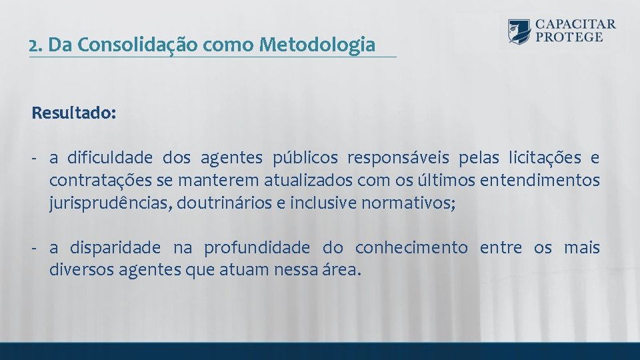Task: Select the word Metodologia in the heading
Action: click(317, 45)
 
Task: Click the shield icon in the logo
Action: click(519, 31)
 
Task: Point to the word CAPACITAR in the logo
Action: click(575, 24)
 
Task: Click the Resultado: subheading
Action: click(73, 113)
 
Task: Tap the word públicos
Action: click(305, 158)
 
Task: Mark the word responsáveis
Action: click(397, 158)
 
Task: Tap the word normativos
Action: click(407, 203)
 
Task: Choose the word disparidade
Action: click(112, 248)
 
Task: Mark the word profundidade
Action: click(257, 248)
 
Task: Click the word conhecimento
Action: click(411, 248)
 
